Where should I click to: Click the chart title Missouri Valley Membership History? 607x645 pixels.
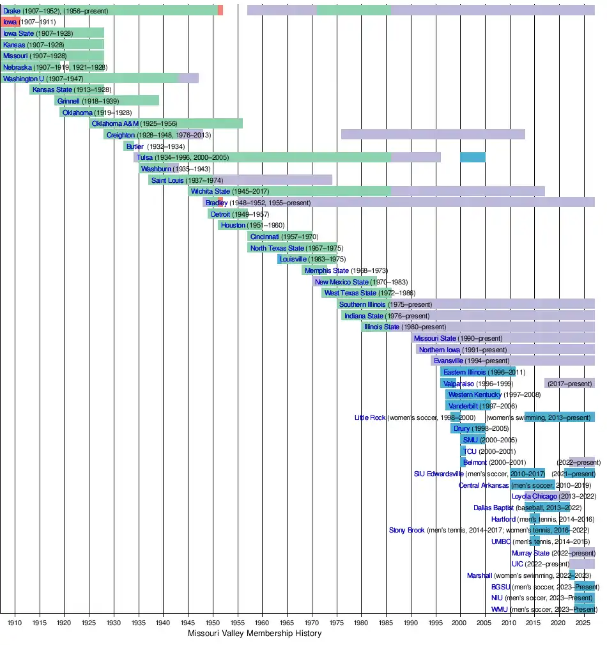254,633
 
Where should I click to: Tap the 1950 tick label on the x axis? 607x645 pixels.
213,621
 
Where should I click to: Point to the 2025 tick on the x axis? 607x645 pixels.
583,621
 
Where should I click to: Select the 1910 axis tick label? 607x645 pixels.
15,621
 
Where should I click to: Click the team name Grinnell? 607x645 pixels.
68,101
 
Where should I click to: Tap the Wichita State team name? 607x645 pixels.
210,191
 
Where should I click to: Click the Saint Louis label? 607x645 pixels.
167,180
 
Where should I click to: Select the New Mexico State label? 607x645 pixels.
342,282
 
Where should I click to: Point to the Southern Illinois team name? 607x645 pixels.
362,304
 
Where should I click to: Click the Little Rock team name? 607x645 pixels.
370,417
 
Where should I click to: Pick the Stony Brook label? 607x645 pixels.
406,530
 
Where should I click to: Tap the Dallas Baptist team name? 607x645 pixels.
493,508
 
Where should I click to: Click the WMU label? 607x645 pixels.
500,609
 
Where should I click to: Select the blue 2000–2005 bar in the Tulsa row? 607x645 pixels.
472,157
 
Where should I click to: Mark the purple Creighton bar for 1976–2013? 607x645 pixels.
433,134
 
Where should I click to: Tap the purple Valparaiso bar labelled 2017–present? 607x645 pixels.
569,384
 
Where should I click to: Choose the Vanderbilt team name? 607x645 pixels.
463,406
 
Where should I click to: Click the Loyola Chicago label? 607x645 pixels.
534,496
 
